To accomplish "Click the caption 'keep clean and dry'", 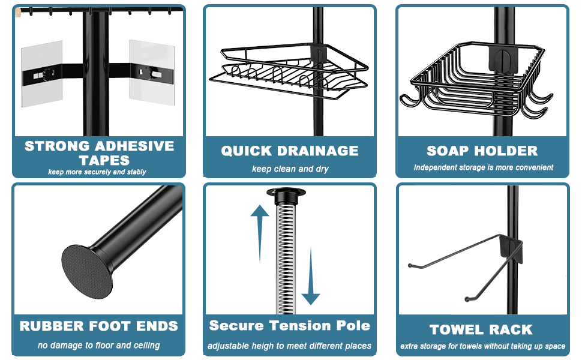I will [290, 169].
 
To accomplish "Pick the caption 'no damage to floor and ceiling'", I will [99, 345].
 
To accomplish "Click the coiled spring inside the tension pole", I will [287, 258].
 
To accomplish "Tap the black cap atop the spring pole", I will [286, 195].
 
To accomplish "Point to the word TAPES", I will [104, 160].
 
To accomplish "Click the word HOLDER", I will [508, 151].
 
